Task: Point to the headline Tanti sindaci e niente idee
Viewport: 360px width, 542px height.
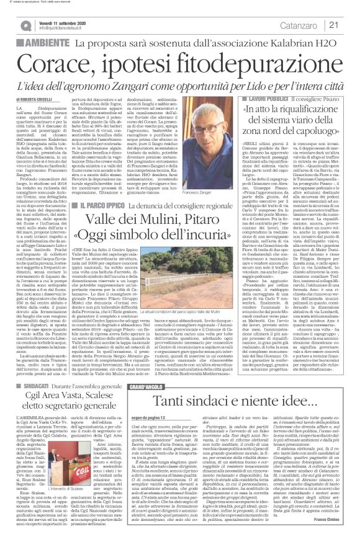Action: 232,349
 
